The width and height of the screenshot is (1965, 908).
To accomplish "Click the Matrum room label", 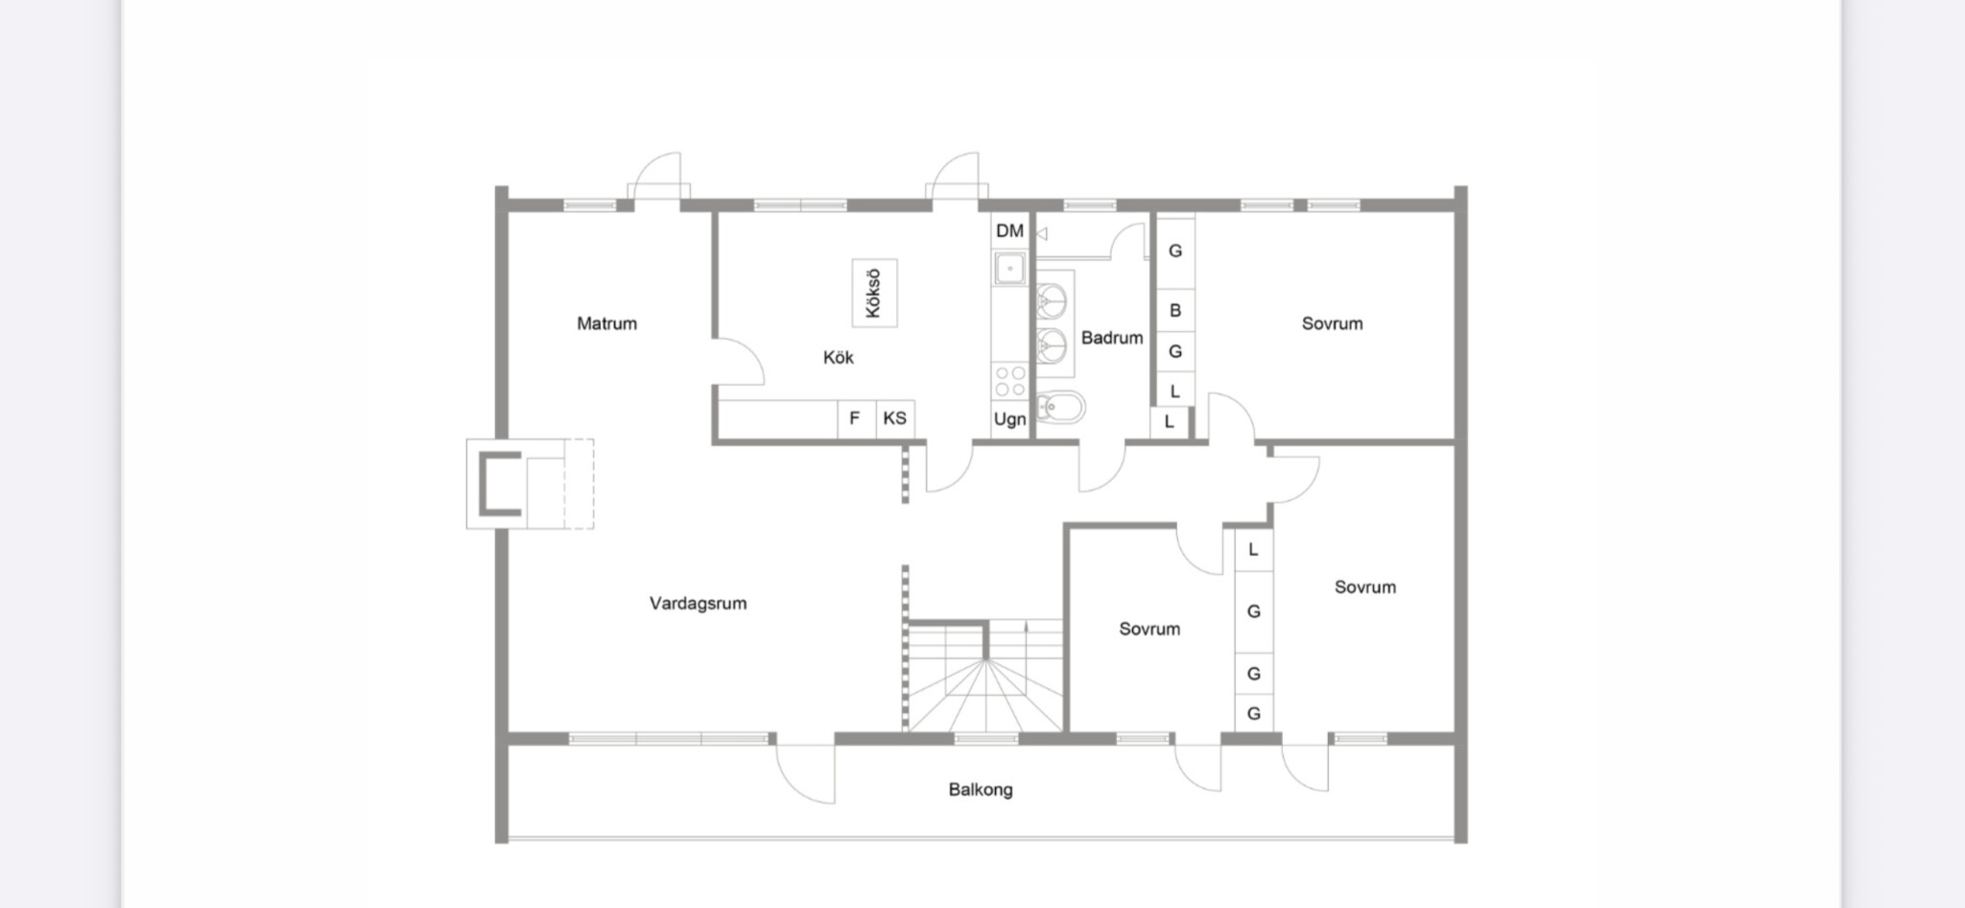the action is [x=606, y=323].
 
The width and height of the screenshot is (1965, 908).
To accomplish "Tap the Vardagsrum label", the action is [x=698, y=604].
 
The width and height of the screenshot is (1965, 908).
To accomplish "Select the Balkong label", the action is [x=981, y=790].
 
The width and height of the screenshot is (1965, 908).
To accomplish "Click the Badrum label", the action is [x=1112, y=338].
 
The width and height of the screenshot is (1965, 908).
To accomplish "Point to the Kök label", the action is [x=838, y=357].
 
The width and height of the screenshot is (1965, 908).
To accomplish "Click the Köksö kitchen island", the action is [x=874, y=293].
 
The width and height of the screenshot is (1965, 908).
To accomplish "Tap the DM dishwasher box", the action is [x=1009, y=230].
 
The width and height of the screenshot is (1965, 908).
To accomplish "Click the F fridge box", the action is [x=856, y=418].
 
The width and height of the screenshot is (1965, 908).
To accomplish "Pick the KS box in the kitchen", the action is [x=895, y=418].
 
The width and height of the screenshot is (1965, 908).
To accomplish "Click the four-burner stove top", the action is [x=1009, y=381].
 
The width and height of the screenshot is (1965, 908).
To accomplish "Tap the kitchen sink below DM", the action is [x=1009, y=268].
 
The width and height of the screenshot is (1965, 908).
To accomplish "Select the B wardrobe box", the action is [x=1174, y=311].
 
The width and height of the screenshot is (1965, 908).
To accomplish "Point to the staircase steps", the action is [x=985, y=676].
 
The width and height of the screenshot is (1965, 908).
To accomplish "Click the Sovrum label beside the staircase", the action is [x=1149, y=630].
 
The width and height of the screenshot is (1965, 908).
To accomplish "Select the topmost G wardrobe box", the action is [x=1174, y=251].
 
